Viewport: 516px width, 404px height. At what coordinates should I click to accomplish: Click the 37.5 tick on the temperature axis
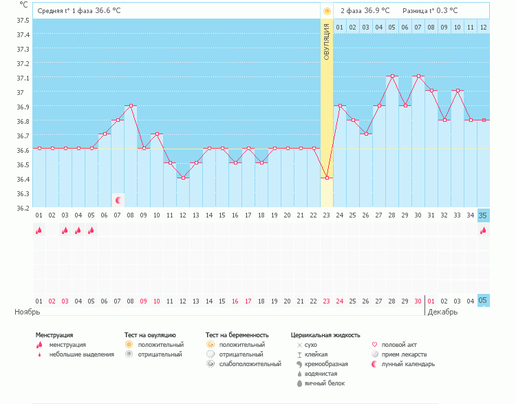pos(23,20)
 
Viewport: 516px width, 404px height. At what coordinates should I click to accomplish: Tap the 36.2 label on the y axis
pos(23,208)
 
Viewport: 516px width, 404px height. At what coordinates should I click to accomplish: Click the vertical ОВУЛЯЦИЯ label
pos(326,41)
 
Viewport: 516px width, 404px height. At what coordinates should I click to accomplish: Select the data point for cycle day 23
pos(327,178)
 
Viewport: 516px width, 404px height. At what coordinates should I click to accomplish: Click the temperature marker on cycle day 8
pos(131,106)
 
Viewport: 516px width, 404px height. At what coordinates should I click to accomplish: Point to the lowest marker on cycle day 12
pos(183,178)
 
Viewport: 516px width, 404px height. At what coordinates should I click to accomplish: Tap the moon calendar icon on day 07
pos(118,200)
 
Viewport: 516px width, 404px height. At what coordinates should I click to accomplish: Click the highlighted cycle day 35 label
pos(484,215)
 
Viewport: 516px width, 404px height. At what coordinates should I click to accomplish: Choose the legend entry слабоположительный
pos(250,364)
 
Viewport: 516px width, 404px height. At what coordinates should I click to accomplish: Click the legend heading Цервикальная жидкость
pos(325,335)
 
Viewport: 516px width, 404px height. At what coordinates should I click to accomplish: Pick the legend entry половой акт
pos(399,345)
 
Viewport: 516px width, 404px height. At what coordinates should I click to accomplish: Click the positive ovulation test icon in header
pos(327,11)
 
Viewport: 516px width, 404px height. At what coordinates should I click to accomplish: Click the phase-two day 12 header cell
pos(484,27)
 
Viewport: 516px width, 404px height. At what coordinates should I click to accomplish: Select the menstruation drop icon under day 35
pos(484,231)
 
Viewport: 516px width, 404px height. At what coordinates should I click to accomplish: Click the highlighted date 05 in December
pos(484,301)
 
